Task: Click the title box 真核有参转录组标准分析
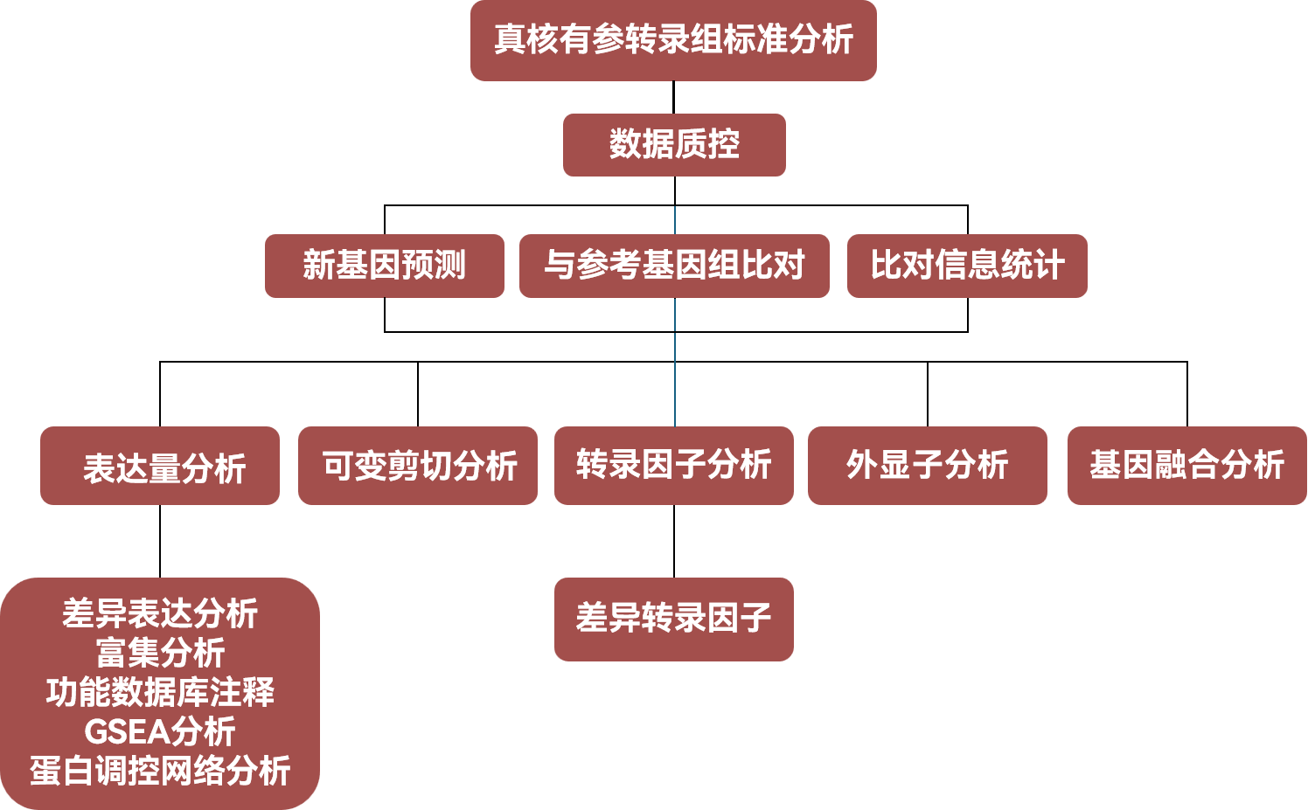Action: coord(673,40)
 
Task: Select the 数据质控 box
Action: coord(674,144)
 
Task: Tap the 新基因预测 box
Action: coord(384,266)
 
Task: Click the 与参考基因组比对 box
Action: coord(674,266)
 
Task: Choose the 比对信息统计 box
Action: coord(967,266)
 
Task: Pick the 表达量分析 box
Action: coord(160,466)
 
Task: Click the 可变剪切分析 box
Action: coord(418,466)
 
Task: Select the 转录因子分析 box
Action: coord(674,466)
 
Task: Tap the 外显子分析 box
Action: coord(927,466)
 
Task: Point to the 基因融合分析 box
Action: coord(1186,466)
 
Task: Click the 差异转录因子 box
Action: coord(674,619)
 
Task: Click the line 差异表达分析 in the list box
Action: coord(160,613)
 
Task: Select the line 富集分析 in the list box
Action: coord(160,653)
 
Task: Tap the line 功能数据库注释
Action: coord(160,692)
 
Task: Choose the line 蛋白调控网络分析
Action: coord(160,771)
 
